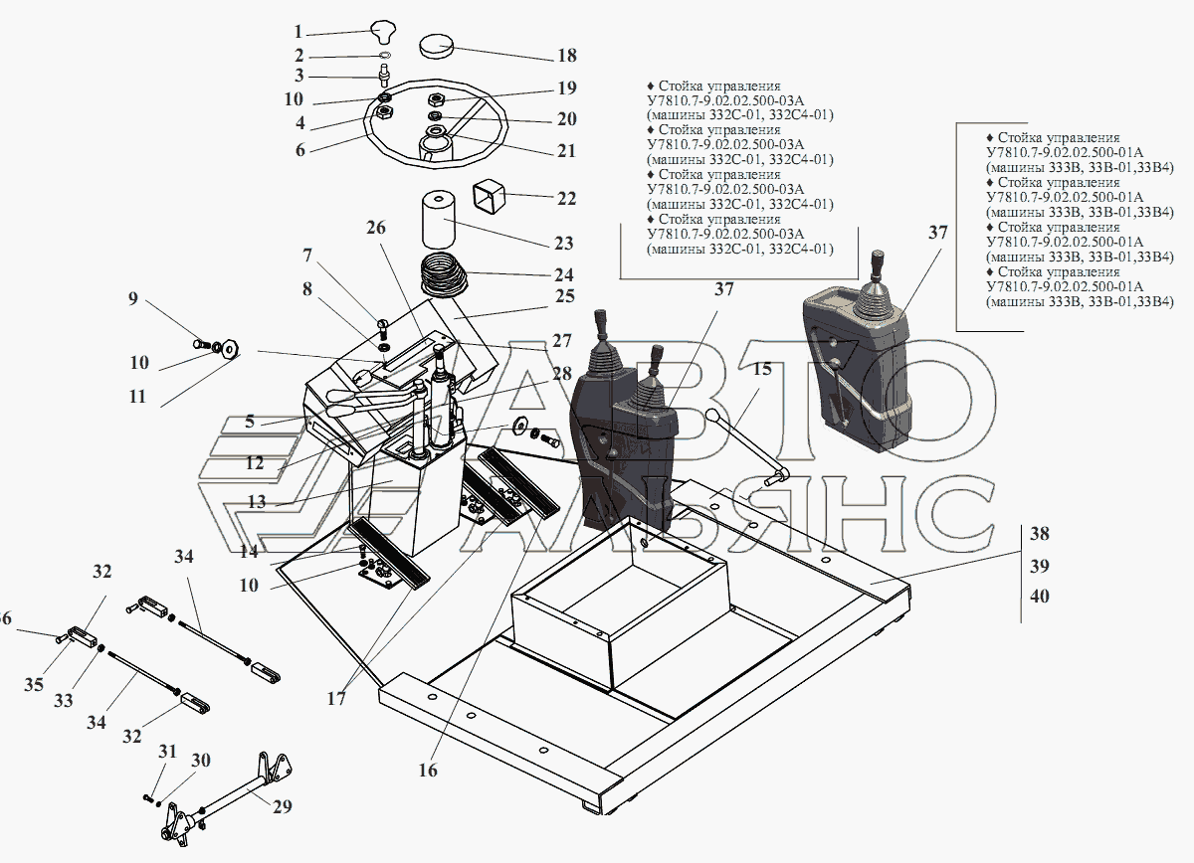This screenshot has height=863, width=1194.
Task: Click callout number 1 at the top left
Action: point(298,32)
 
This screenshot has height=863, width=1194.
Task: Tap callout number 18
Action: point(566,56)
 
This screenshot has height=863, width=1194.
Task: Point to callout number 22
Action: point(566,199)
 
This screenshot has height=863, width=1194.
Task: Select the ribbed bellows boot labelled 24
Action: point(445,275)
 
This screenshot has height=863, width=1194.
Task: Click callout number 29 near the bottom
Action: point(284,807)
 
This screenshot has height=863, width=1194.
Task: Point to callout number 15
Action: point(762,370)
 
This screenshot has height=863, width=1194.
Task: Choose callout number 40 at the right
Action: point(1039,598)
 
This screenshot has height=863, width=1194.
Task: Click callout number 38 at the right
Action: point(1039,534)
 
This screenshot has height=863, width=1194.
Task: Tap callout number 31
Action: point(167,751)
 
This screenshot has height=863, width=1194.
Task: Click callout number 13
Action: point(257,502)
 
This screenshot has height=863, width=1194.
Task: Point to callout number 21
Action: point(566,151)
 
